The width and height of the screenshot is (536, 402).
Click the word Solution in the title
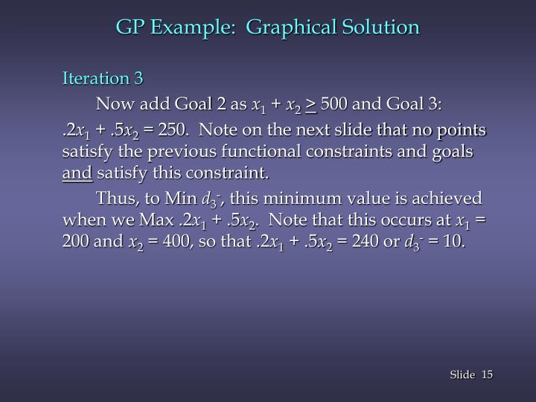(381, 28)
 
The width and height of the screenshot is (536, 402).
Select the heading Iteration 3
(103, 78)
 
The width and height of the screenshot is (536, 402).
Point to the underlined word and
(77, 174)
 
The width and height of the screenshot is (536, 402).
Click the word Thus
(114, 199)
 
